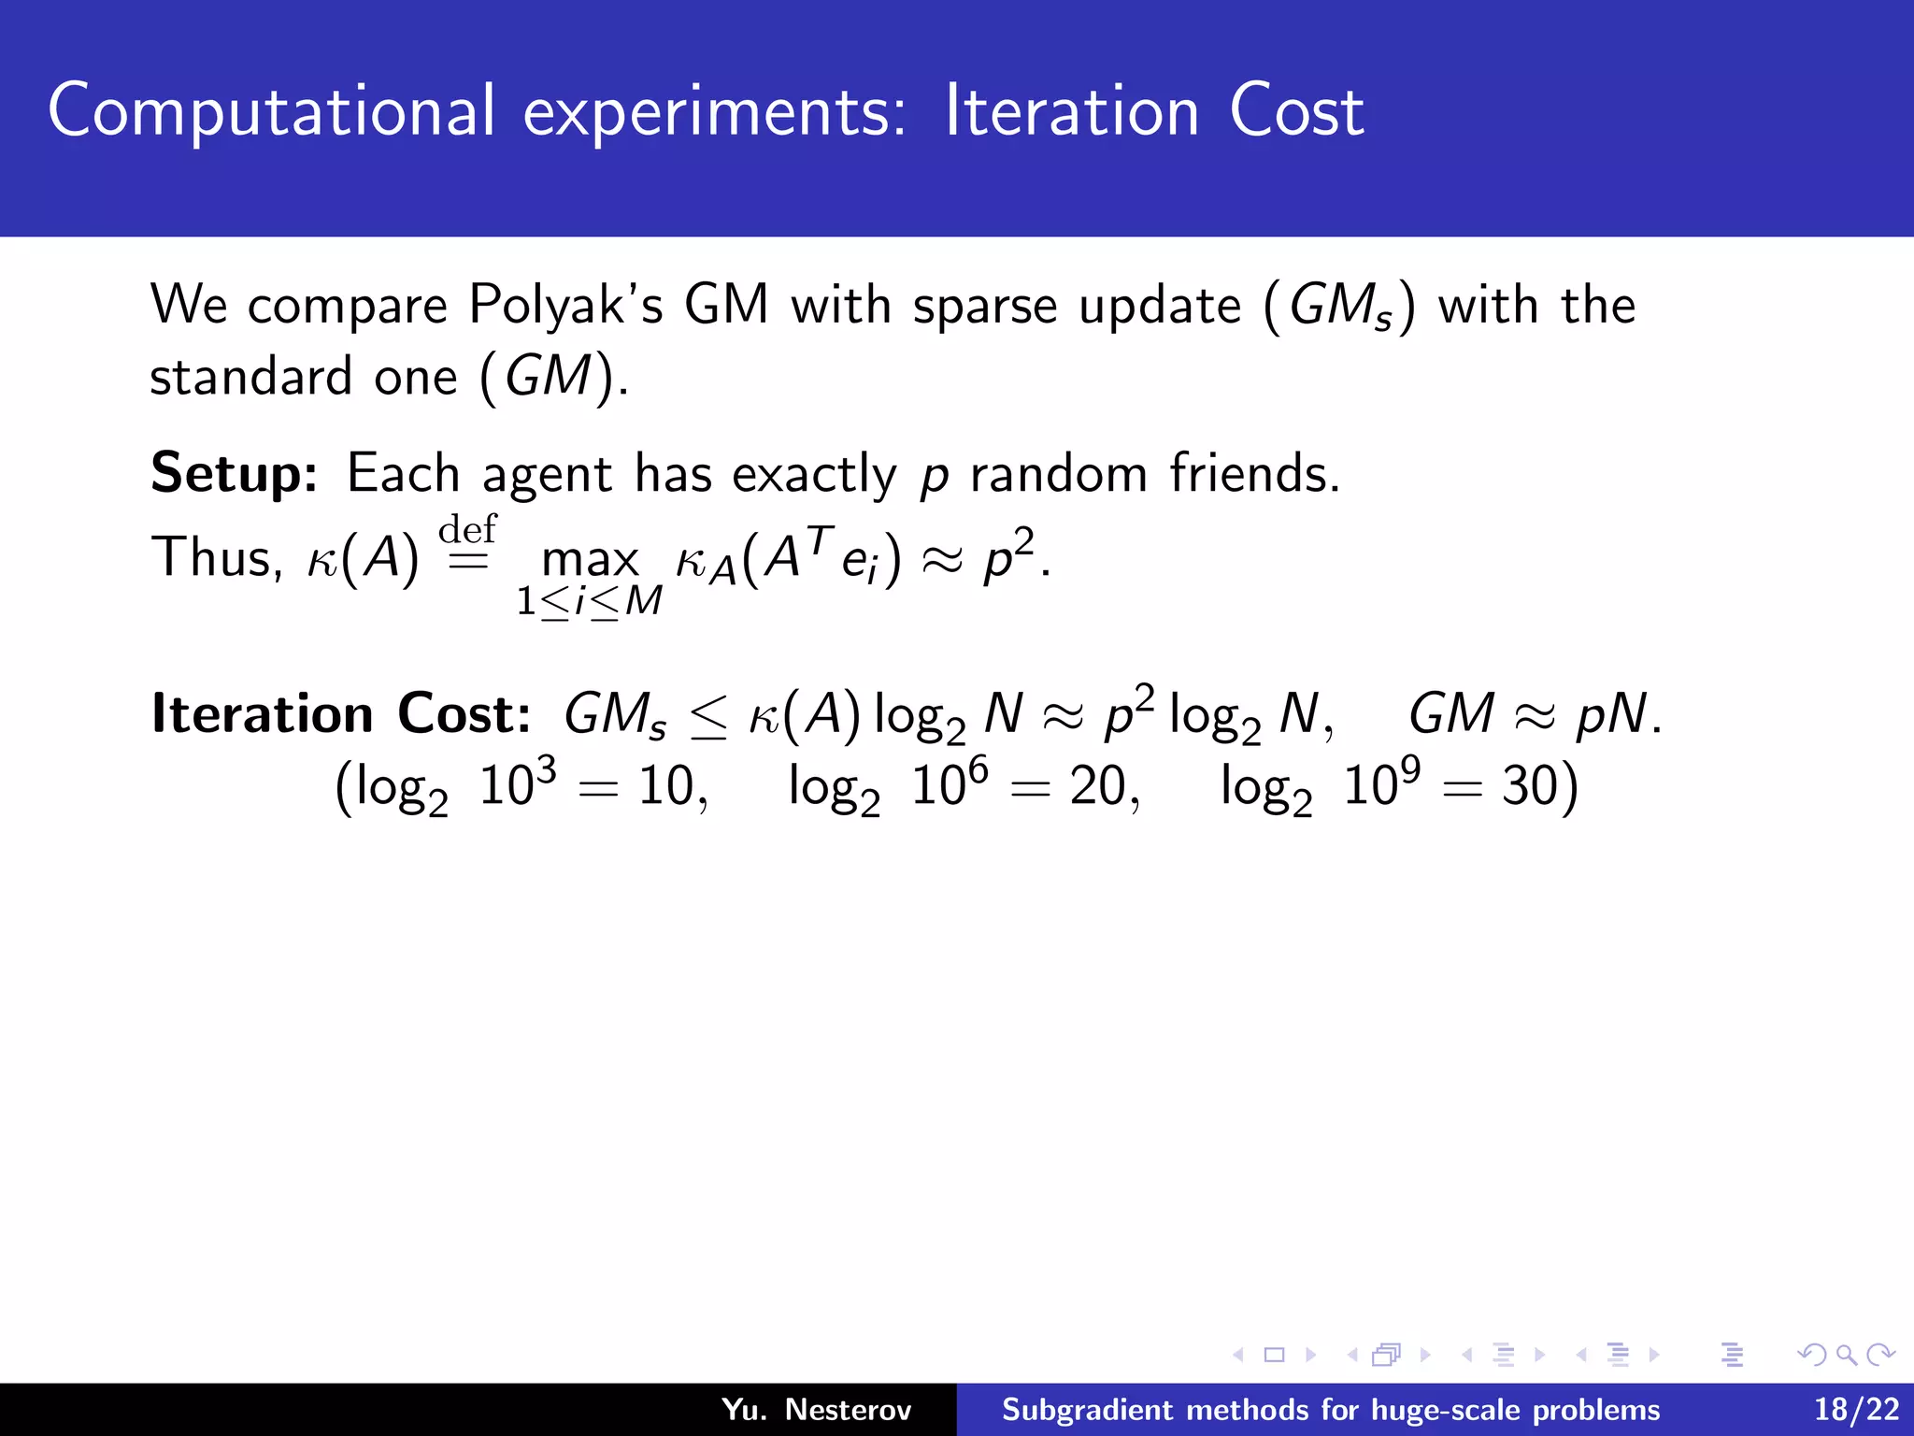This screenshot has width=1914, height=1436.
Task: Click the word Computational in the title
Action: click(271, 112)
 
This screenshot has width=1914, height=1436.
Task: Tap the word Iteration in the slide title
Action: click(1072, 112)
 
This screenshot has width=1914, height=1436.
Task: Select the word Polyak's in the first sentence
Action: click(565, 306)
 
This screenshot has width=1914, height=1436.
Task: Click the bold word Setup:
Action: click(235, 474)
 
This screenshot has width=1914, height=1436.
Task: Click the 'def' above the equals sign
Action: click(467, 529)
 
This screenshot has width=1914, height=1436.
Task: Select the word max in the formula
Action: click(590, 560)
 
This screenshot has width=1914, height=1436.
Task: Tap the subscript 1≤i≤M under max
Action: click(590, 601)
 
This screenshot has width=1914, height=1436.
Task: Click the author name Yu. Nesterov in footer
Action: click(817, 1410)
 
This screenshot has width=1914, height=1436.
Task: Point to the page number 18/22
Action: click(1856, 1410)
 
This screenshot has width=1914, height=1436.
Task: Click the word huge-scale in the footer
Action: click(1422, 1410)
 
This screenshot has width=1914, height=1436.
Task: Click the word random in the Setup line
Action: click(1058, 474)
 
